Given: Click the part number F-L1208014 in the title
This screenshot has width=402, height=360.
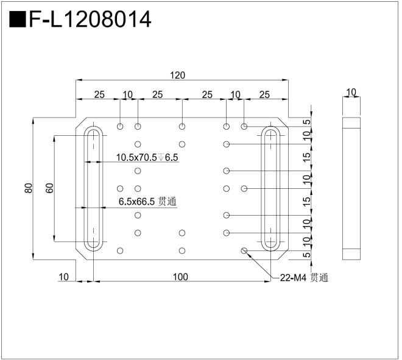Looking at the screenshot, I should pyautogui.click(x=90, y=19).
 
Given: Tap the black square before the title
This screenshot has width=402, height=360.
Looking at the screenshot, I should pyautogui.click(x=18, y=19).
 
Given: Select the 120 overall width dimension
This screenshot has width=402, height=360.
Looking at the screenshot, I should pyautogui.click(x=177, y=76).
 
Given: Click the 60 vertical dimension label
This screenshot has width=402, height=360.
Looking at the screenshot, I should pyautogui.click(x=50, y=188).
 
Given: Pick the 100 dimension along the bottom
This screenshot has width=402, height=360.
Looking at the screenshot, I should pyautogui.click(x=180, y=277).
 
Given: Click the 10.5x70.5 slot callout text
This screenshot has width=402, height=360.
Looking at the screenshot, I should pyautogui.click(x=147, y=158).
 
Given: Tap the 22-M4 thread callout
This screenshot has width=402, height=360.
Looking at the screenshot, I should pyautogui.click(x=303, y=278).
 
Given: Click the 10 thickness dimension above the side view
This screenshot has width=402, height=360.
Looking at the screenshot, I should pyautogui.click(x=351, y=93).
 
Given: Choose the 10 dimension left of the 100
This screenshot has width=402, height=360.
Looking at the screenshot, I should pyautogui.click(x=63, y=277).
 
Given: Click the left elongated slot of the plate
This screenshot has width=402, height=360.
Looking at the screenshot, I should pyautogui.click(x=94, y=188).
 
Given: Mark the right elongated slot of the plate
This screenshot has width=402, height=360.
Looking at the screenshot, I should pyautogui.click(x=270, y=188).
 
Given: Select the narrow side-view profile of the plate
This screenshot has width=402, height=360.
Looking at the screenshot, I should pyautogui.click(x=351, y=189).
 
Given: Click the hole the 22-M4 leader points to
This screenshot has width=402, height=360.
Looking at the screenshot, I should pyautogui.click(x=244, y=250).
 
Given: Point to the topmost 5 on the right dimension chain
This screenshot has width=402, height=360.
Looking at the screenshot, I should pyautogui.click(x=308, y=122).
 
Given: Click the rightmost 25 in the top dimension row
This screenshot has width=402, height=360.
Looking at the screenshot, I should pyautogui.click(x=264, y=94).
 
